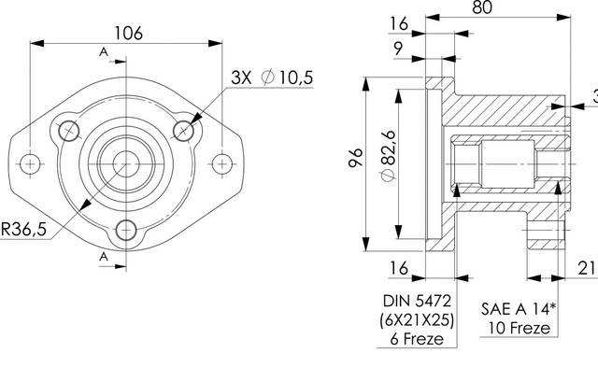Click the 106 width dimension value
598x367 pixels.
[129, 34]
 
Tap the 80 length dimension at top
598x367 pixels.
[482, 7]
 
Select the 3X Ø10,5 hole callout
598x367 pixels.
[272, 78]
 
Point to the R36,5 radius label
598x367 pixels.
[23, 229]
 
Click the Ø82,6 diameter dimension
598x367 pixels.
[389, 156]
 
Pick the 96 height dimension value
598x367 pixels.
[355, 158]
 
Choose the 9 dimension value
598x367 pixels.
[398, 49]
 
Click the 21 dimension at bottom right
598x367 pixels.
[587, 268]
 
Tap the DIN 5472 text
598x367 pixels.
[418, 301]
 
